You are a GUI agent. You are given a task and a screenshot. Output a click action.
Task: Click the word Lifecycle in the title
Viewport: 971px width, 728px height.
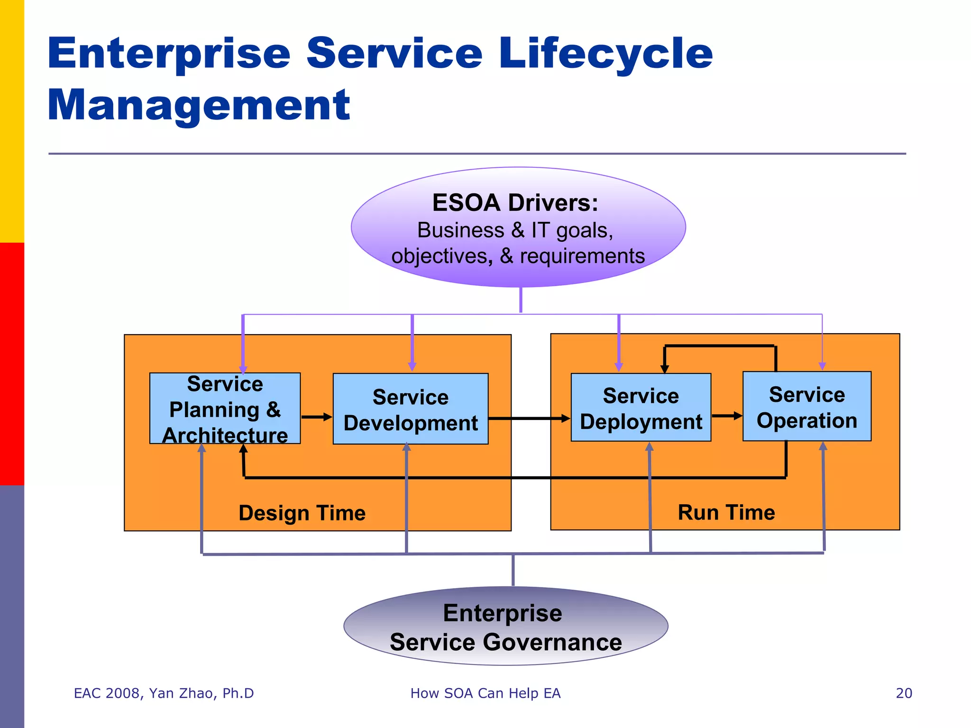pyautogui.click(x=605, y=54)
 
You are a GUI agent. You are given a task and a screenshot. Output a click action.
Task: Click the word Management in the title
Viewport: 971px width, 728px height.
pyautogui.click(x=199, y=105)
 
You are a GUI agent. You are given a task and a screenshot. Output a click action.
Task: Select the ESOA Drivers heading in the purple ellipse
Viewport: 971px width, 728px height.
pyautogui.click(x=515, y=203)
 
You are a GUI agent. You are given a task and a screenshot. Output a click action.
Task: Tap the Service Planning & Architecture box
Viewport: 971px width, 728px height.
pyautogui.click(x=225, y=409)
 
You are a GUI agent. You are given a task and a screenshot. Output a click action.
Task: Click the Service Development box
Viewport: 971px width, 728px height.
pyautogui.click(x=410, y=409)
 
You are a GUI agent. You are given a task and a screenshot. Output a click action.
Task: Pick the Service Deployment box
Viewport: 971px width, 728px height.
pyautogui.click(x=641, y=408)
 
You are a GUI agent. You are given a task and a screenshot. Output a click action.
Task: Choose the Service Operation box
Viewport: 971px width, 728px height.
pyautogui.click(x=806, y=407)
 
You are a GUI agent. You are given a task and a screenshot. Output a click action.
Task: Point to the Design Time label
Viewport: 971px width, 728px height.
pyautogui.click(x=302, y=513)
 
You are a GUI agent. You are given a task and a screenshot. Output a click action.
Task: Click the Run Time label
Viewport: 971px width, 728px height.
pyautogui.click(x=726, y=512)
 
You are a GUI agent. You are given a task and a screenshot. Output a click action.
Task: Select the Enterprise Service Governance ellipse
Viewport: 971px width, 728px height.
pyautogui.click(x=505, y=627)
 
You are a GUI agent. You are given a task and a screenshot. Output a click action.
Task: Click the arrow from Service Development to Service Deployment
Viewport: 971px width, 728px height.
pyautogui.click(x=529, y=419)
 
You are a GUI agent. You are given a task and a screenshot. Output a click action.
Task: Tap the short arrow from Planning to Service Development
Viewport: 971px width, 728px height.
pyautogui.click(x=316, y=417)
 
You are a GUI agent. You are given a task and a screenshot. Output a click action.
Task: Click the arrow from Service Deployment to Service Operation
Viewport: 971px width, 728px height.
pyautogui.click(x=726, y=416)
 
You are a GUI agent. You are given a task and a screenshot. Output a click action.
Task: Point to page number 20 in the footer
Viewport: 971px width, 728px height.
pyautogui.click(x=904, y=693)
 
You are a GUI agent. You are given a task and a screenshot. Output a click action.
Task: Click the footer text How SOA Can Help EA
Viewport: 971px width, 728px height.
pyautogui.click(x=485, y=693)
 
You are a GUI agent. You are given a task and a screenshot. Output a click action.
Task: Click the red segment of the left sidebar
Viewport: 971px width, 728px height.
pyautogui.click(x=12, y=364)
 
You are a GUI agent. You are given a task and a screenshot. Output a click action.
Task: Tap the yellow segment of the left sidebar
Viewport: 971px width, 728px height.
pyautogui.click(x=12, y=121)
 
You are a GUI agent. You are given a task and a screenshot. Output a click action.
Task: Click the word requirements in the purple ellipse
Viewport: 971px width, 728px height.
pyautogui.click(x=582, y=256)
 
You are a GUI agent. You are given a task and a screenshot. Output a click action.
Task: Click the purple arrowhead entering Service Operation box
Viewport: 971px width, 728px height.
pyautogui.click(x=822, y=366)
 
